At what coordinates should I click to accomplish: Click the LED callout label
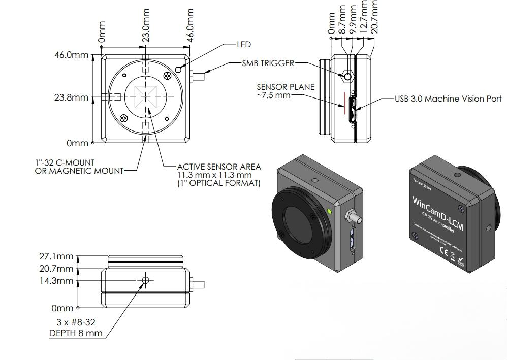coord(244,45)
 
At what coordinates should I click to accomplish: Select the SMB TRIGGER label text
coord(268,63)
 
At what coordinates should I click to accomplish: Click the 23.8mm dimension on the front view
coord(71,97)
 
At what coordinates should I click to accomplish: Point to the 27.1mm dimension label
coord(56,256)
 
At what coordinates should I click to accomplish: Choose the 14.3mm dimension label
coord(56,281)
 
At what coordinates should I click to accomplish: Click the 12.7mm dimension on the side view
coord(364,18)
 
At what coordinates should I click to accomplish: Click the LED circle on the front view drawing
coord(178,69)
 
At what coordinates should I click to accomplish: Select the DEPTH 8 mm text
coord(76,334)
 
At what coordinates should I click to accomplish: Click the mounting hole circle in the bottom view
coord(146,280)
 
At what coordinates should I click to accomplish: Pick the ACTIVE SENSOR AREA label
coord(219,167)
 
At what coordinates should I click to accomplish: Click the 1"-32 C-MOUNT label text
coord(65,162)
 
